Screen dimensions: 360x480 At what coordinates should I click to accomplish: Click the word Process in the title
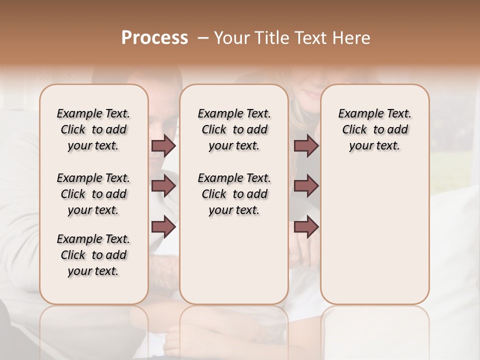tap(154, 38)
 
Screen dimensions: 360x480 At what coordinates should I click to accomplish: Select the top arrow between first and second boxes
tap(163, 145)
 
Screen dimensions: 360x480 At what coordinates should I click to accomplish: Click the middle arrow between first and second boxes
tap(163, 186)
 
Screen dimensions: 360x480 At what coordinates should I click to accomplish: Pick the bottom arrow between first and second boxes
tap(163, 227)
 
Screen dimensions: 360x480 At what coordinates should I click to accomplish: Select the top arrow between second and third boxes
tap(306, 145)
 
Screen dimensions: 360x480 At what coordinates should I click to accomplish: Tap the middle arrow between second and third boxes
tap(306, 186)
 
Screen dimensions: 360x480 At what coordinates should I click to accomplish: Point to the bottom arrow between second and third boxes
tap(306, 227)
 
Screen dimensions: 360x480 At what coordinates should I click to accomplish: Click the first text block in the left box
tap(93, 129)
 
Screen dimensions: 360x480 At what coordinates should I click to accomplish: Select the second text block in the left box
tap(93, 194)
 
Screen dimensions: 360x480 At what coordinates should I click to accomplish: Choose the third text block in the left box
tap(93, 255)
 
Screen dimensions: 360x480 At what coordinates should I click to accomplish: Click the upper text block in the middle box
tap(234, 129)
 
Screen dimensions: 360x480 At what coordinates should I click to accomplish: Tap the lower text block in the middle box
tap(234, 194)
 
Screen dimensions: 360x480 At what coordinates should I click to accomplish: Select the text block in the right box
tap(375, 129)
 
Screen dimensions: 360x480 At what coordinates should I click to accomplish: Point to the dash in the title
tap(203, 38)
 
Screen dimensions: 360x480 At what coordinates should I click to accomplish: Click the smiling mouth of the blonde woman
tap(314, 94)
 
